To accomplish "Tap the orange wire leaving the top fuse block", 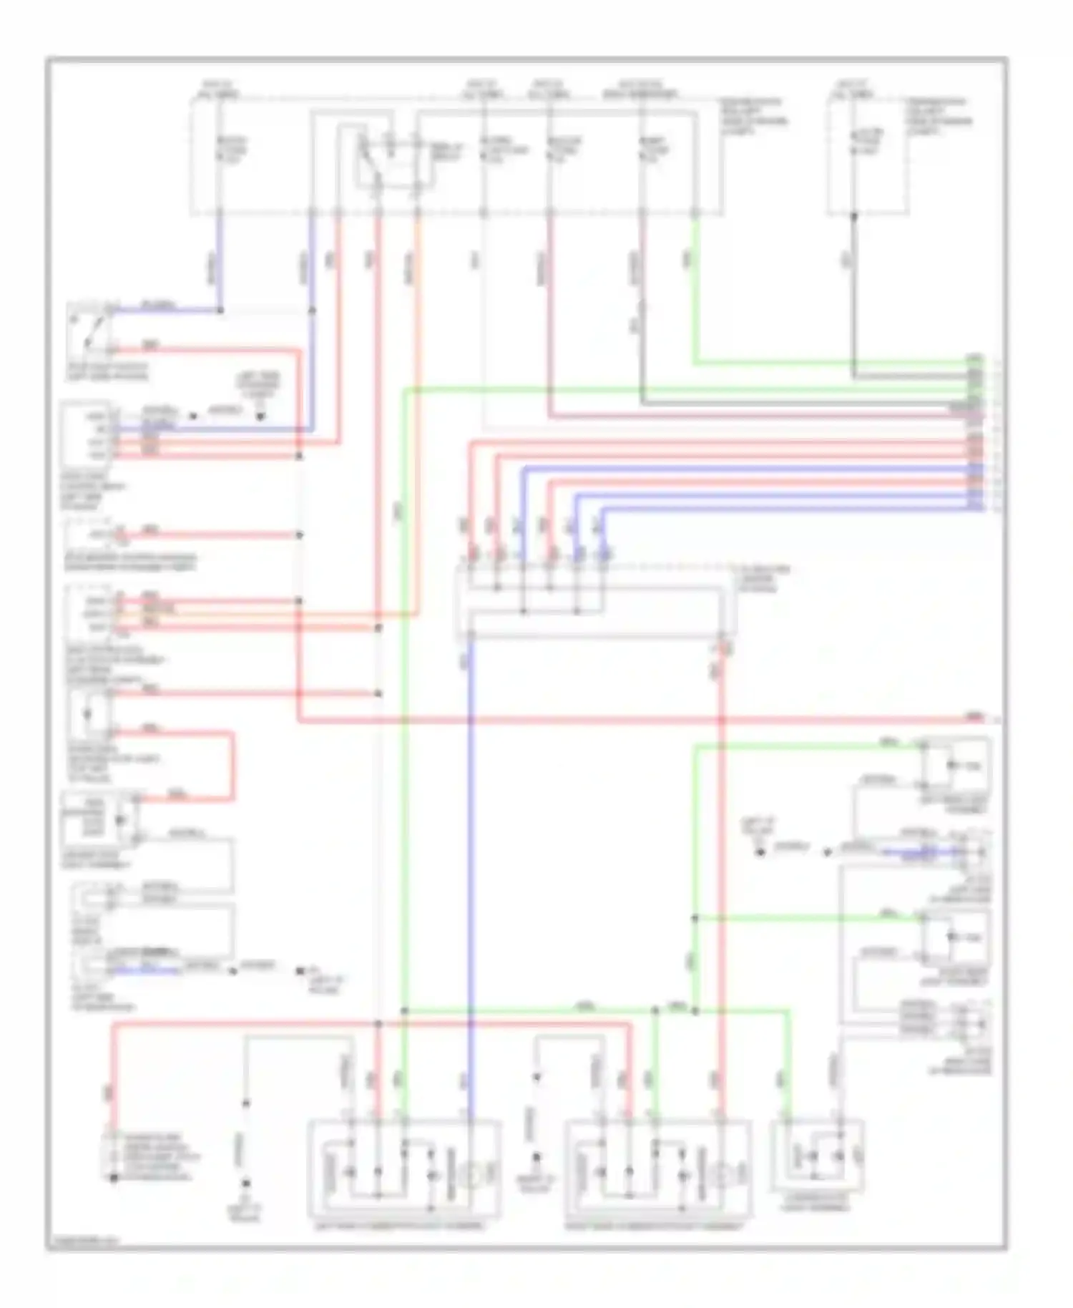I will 418,286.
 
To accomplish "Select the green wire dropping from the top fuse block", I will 695,286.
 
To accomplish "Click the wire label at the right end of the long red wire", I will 974,716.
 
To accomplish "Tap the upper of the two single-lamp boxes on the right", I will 955,766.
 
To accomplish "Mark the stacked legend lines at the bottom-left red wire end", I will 150,1156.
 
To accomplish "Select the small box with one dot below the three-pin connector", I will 87,714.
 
